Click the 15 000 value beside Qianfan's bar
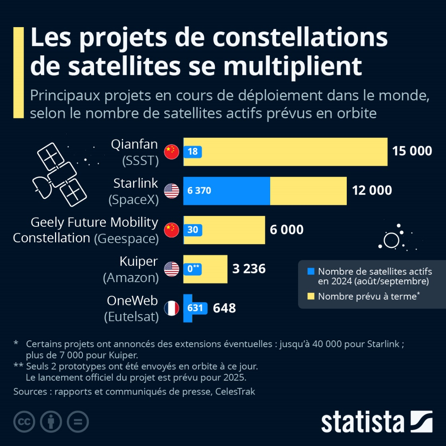coord(412,151)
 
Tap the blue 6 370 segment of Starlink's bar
coord(226,191)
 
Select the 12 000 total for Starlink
coord(371,191)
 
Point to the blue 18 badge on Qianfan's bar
coord(193,151)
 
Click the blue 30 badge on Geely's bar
coord(193,230)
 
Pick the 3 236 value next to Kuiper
coord(249,269)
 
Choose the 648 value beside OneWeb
coord(224,308)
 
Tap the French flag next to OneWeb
coord(172,308)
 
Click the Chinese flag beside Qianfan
coord(172,151)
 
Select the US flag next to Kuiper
coord(172,269)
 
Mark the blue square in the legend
coord(311,271)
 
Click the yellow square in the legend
coord(311,296)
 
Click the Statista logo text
coord(362,422)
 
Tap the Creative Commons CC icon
coord(24,421)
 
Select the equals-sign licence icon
coord(78,421)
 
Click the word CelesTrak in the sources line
coord(235,391)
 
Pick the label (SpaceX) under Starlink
coord(134,200)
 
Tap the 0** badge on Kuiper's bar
coord(194,269)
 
